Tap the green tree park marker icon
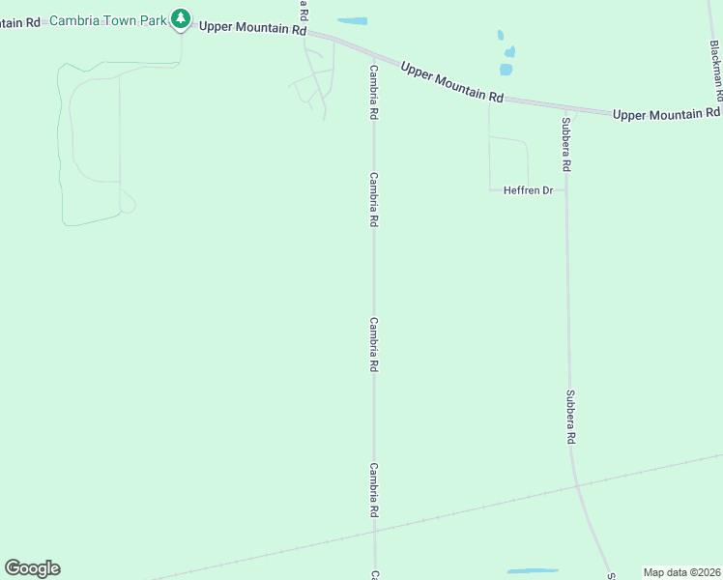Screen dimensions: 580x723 click(180, 18)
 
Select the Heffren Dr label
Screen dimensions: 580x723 click(528, 190)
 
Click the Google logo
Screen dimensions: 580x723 click(32, 567)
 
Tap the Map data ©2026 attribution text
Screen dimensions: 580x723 click(681, 572)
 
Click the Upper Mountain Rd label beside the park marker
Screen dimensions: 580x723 click(252, 28)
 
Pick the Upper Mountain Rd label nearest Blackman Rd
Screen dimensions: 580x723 click(665, 114)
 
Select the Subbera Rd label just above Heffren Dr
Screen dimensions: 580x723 click(565, 145)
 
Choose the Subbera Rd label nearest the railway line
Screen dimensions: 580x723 click(571, 417)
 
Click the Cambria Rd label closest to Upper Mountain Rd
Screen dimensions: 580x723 click(373, 93)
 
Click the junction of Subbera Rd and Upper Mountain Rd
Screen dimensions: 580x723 click(566, 109)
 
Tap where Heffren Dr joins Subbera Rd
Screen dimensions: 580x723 click(566, 190)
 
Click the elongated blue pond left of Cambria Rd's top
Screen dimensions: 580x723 click(352, 21)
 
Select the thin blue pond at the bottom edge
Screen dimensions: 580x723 click(533, 571)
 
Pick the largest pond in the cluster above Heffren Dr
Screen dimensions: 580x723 click(506, 70)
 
